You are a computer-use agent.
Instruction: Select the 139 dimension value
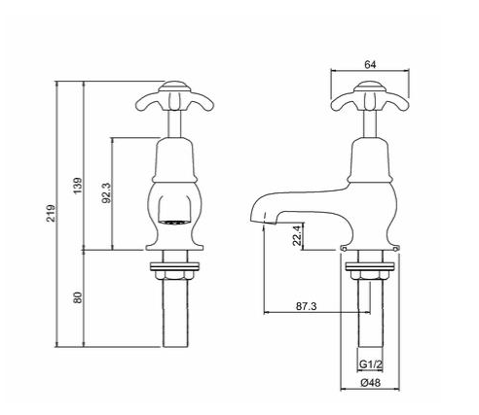pyautogui.click(x=78, y=182)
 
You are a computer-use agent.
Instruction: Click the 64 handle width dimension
pyautogui.click(x=370, y=63)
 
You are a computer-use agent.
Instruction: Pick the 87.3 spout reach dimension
pyautogui.click(x=307, y=306)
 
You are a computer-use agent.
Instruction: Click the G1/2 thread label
pyautogui.click(x=370, y=365)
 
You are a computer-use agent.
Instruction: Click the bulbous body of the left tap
pyautogui.click(x=174, y=190)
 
